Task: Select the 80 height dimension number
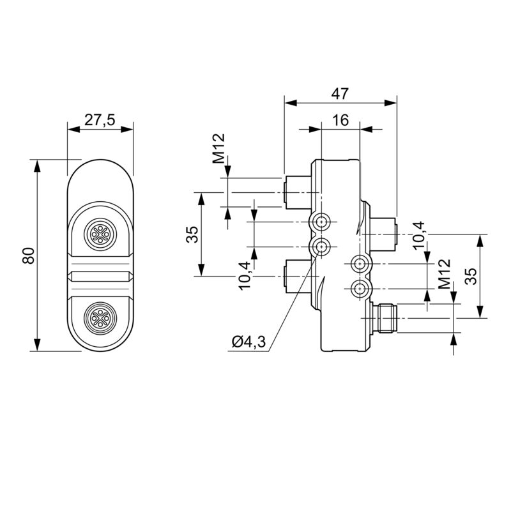(x=27, y=255)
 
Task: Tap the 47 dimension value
(x=340, y=93)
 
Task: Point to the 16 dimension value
(x=340, y=121)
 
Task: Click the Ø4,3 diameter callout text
(x=248, y=343)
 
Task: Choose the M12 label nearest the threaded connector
(x=444, y=275)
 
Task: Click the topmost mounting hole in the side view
(x=320, y=222)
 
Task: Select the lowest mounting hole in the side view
(x=361, y=288)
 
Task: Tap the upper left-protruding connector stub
(x=298, y=190)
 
